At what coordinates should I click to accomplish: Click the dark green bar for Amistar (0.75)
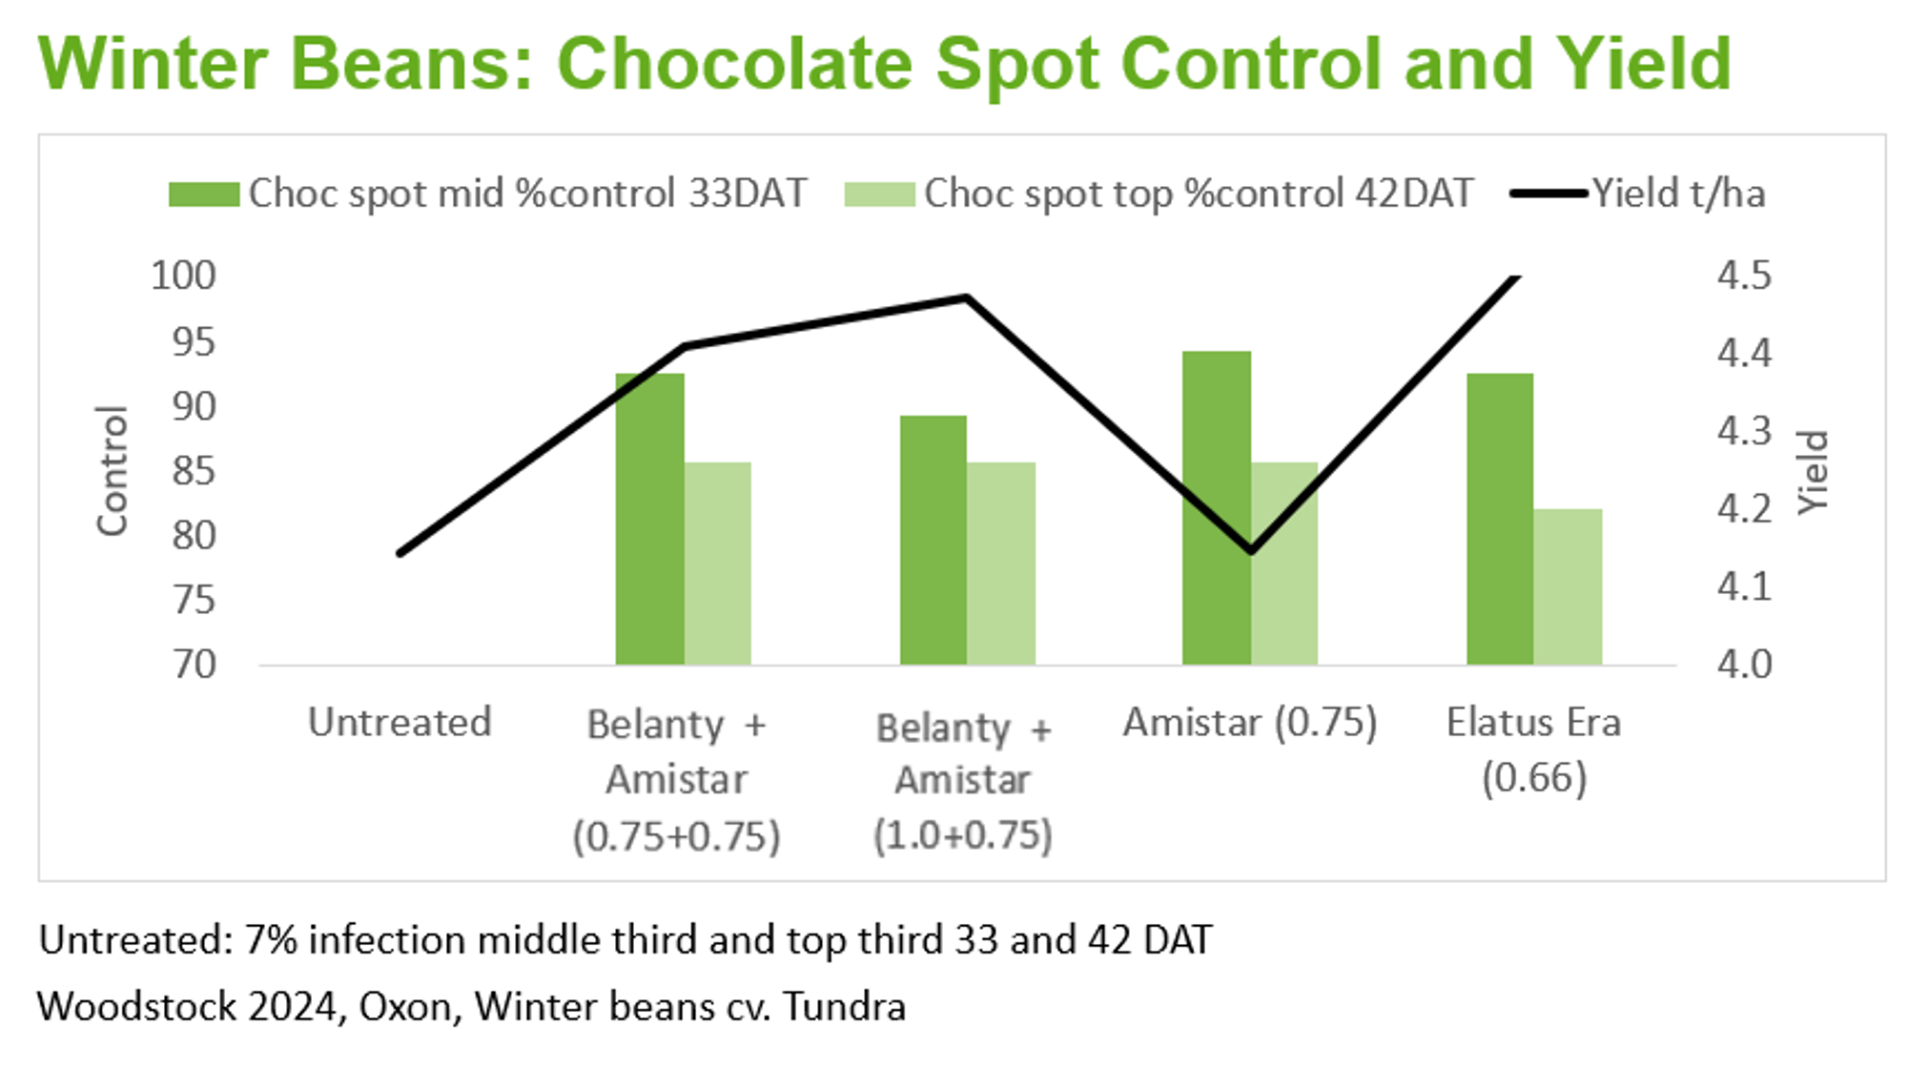(1217, 507)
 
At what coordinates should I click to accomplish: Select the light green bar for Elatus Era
(1568, 586)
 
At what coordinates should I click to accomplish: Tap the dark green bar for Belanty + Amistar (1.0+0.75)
(933, 540)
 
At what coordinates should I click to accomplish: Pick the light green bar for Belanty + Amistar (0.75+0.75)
(717, 564)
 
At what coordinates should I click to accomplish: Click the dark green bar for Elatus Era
(1500, 519)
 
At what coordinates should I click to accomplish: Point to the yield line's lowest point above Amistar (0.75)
(1251, 551)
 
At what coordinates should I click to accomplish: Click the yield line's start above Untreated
(400, 553)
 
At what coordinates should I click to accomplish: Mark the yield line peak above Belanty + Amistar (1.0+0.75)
(967, 298)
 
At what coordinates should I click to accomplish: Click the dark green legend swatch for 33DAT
(203, 195)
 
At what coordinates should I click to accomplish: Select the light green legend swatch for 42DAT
(879, 195)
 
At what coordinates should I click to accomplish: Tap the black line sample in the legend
(1548, 194)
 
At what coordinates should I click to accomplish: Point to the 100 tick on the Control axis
(184, 276)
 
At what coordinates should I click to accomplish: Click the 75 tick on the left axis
(195, 601)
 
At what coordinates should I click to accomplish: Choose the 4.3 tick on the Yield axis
(1744, 431)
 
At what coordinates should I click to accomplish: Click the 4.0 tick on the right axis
(1744, 665)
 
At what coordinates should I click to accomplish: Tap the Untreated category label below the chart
(400, 723)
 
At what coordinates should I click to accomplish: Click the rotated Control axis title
(112, 470)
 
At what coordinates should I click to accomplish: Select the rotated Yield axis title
(1813, 472)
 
